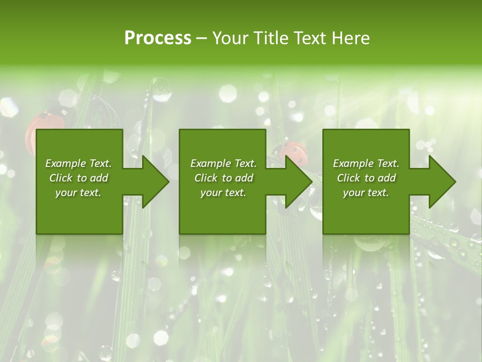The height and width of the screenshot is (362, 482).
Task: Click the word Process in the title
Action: coord(158,38)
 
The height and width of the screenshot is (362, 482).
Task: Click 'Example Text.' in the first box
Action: coord(78,163)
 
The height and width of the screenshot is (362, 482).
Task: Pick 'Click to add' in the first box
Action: coord(78,178)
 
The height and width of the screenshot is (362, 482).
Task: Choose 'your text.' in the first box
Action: coord(78,193)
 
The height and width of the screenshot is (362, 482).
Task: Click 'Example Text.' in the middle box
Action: coord(223,163)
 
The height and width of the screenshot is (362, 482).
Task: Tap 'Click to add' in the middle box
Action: coord(223,178)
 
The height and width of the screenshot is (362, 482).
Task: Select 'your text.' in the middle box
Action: coord(223,193)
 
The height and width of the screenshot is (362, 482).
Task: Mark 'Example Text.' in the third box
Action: coord(366,163)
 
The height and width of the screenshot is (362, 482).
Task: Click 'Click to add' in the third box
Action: coord(366,178)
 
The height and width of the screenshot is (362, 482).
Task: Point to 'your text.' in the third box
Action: coord(366,193)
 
